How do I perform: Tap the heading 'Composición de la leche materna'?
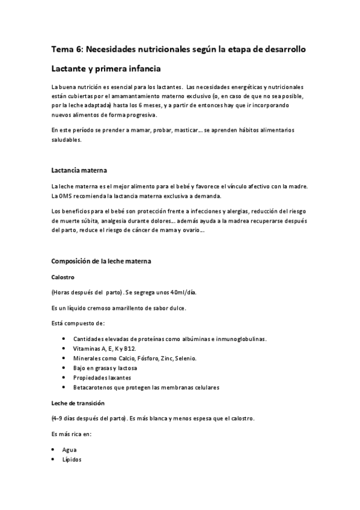[x=101, y=262]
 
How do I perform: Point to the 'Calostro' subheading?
[x=63, y=277]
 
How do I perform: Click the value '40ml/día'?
[x=182, y=293]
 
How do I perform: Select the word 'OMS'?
[x=67, y=195]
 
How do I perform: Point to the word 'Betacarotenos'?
[x=94, y=387]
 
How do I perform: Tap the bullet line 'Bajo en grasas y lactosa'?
[x=105, y=368]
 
